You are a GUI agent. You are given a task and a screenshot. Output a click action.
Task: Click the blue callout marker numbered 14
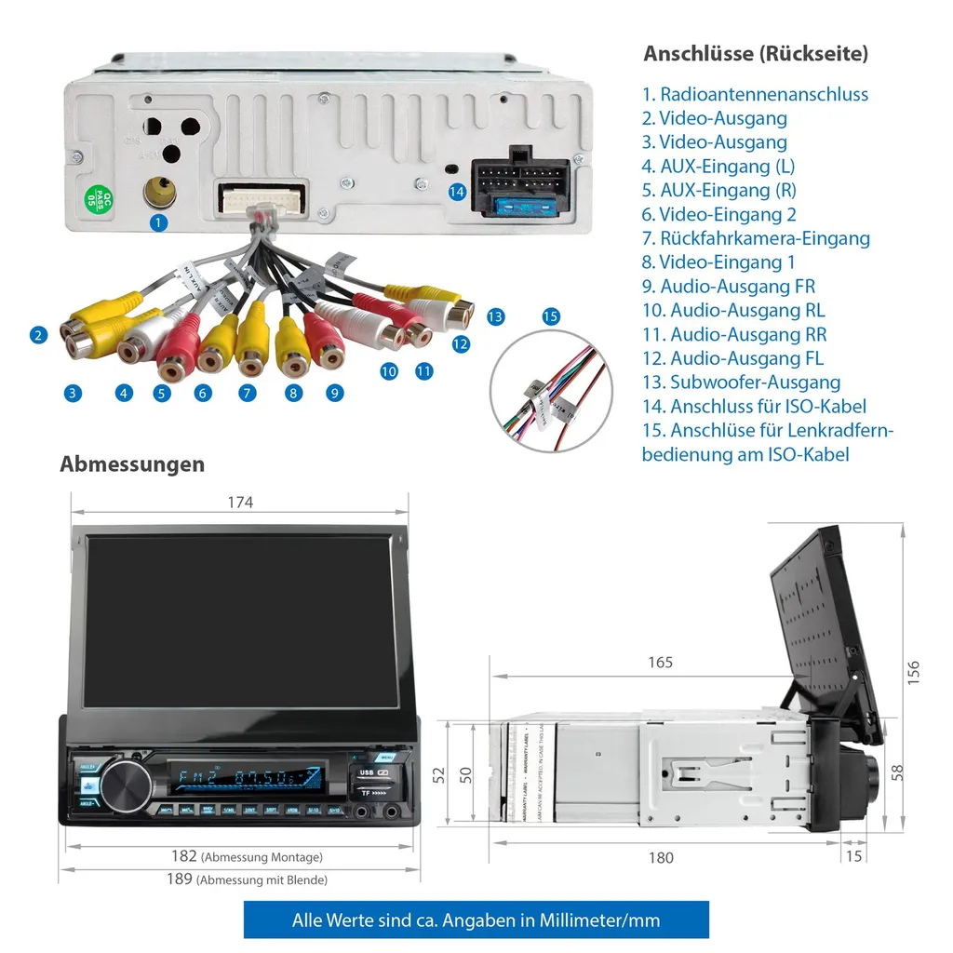(x=456, y=192)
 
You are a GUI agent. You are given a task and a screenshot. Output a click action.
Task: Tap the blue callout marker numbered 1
(x=159, y=221)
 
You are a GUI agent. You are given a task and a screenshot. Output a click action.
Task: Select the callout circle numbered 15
(x=551, y=316)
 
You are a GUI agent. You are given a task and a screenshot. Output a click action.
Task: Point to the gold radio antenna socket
(x=159, y=194)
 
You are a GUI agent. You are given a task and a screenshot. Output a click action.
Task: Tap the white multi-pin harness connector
(x=262, y=199)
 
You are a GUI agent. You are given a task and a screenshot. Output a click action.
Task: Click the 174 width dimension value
(x=240, y=503)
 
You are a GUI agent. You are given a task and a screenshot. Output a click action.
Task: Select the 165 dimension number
(x=660, y=663)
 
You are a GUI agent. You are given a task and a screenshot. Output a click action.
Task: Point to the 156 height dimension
(x=914, y=673)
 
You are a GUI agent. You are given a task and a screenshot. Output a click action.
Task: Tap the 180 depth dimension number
(x=661, y=858)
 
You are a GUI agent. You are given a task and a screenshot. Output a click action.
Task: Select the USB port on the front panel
(x=366, y=772)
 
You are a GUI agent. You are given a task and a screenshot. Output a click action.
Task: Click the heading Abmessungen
(x=132, y=463)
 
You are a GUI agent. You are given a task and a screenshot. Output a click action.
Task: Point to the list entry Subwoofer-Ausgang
(x=742, y=383)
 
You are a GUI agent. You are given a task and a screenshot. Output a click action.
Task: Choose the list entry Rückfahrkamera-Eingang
(x=756, y=238)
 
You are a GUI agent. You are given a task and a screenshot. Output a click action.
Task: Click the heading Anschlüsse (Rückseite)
(x=756, y=53)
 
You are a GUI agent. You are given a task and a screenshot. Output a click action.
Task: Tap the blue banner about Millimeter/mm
(x=476, y=920)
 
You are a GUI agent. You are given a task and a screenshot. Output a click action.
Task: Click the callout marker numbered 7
(x=247, y=393)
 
